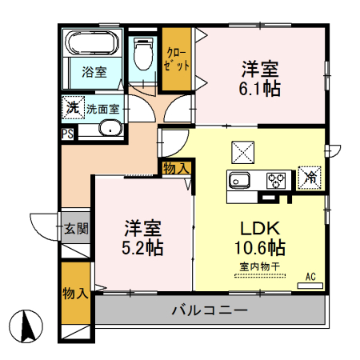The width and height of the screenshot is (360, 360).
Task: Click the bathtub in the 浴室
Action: [91, 44]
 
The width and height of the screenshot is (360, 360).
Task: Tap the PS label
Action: [68, 134]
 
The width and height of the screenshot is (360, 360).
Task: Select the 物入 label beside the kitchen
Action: [175, 168]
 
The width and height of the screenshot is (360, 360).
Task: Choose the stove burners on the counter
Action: [277, 179]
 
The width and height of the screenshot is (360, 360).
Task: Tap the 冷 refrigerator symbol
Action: [309, 177]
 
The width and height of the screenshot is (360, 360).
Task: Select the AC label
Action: [310, 277]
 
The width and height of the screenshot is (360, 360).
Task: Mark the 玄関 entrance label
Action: [76, 229]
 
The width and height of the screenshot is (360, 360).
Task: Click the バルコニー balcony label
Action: [208, 309]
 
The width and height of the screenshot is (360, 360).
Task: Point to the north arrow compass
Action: [28, 326]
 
